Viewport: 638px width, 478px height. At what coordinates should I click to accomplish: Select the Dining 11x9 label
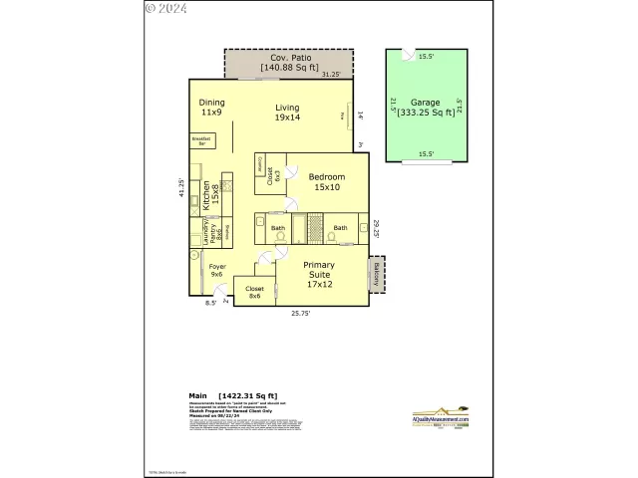[x=211, y=108]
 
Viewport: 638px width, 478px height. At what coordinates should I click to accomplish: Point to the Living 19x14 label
[x=288, y=113]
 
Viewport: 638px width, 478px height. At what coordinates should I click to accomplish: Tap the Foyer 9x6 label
[x=216, y=270]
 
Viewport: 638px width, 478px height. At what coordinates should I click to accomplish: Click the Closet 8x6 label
[x=254, y=292]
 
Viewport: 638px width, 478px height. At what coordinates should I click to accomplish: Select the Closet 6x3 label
[x=271, y=175]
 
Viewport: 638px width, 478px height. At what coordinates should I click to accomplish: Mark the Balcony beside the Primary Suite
[x=377, y=275]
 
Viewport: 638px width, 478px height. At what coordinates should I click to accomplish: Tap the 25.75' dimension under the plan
[x=301, y=313]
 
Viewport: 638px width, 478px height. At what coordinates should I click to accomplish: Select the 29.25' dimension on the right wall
[x=377, y=228]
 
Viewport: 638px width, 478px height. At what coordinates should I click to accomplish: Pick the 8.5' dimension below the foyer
[x=210, y=302]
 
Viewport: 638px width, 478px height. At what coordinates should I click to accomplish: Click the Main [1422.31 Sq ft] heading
[x=232, y=394]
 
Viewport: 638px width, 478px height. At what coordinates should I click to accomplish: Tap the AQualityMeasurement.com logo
[x=441, y=416]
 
